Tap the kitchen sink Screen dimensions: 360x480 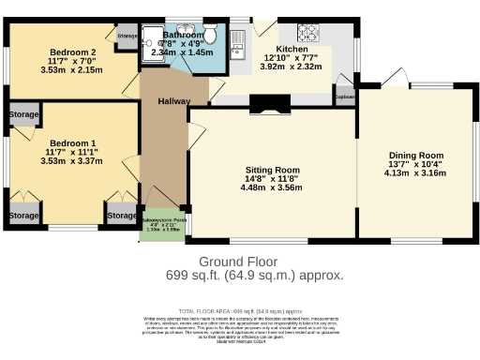[x=238, y=39]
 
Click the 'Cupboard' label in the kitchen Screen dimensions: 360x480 [x=345, y=97]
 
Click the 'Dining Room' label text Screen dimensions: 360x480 [x=416, y=155]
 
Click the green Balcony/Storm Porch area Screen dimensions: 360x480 [x=162, y=223]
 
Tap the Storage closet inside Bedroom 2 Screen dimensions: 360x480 [x=127, y=36]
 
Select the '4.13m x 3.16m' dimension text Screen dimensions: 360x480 [x=416, y=173]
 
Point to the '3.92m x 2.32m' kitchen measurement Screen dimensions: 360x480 [x=291, y=67]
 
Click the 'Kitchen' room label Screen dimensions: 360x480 [x=292, y=46]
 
